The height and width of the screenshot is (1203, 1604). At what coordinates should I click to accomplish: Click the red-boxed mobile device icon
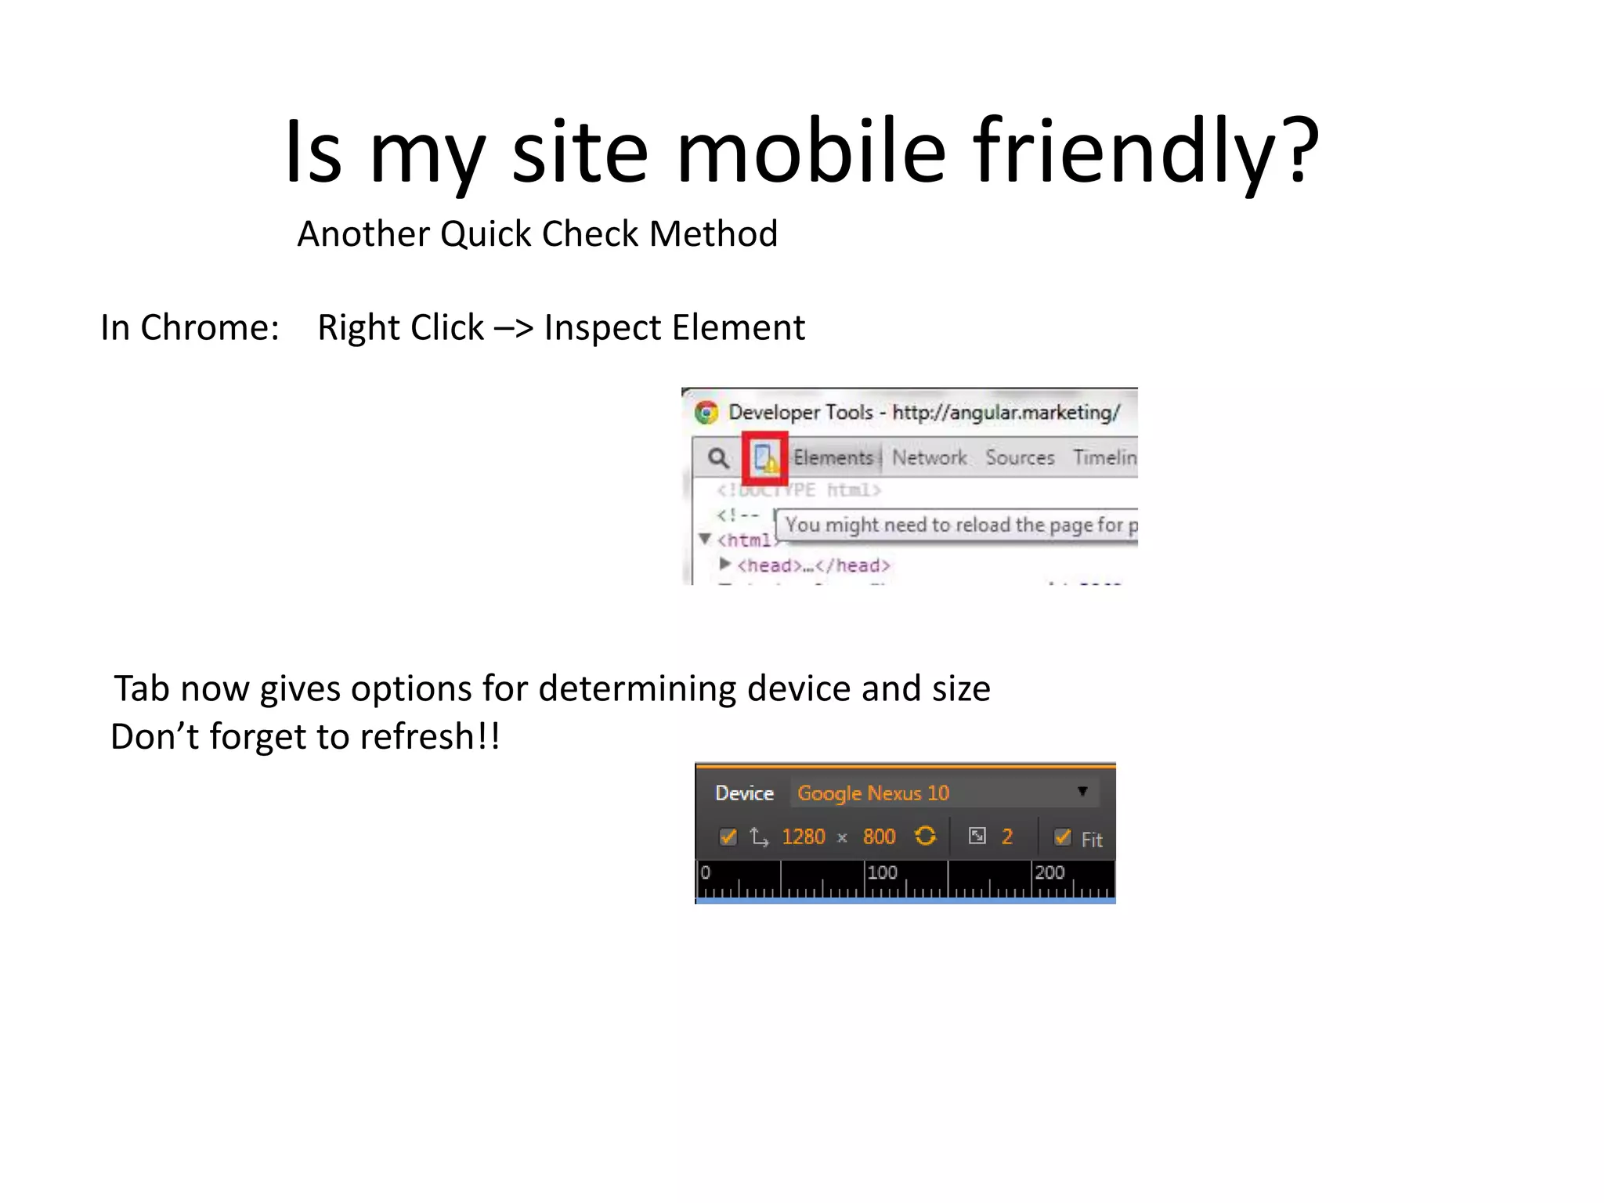764,457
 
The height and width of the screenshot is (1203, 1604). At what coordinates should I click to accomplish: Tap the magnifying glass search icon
717,457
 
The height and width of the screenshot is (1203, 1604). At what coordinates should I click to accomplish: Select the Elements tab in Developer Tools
833,457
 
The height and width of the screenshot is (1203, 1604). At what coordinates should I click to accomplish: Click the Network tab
929,457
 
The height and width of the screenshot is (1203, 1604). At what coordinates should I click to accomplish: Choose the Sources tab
1020,457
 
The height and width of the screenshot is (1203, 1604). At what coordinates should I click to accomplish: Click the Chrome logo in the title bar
706,413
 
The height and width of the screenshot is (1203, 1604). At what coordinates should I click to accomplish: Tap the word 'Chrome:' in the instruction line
209,327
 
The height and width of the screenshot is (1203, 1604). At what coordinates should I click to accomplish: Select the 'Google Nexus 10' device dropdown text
872,793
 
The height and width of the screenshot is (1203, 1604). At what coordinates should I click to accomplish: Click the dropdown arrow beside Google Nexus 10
1082,792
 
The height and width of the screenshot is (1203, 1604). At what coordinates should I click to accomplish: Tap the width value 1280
803,837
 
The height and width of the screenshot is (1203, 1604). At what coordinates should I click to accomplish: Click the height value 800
879,837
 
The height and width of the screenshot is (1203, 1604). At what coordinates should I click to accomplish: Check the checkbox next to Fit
1062,837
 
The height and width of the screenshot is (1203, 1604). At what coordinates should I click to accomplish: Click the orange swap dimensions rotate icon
925,836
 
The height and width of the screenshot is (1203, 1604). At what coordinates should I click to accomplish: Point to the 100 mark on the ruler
882,872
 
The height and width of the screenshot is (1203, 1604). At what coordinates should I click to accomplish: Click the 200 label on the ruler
1049,872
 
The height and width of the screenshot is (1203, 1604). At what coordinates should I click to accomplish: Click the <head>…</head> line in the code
813,565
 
